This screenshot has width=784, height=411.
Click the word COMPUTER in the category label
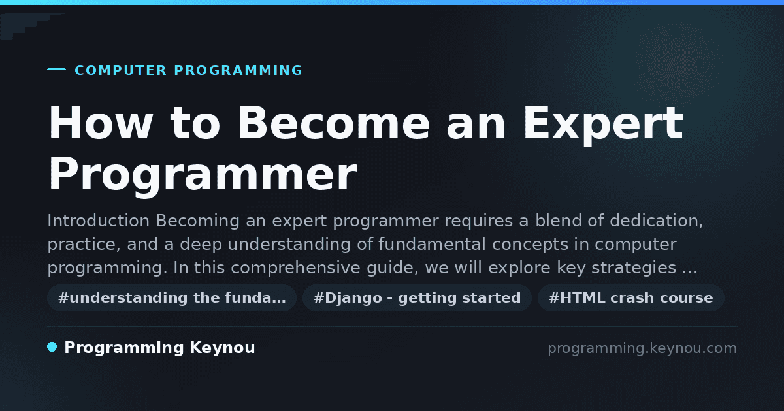coord(120,70)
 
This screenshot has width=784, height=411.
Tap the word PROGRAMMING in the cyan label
coord(238,70)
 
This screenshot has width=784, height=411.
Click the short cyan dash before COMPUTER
coord(56,69)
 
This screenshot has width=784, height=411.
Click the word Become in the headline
coord(333,123)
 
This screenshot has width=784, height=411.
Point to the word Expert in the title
coord(602,125)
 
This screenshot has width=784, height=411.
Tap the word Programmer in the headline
coord(203,175)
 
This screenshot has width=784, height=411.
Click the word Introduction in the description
coord(99,221)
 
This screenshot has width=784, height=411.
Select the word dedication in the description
coord(656,221)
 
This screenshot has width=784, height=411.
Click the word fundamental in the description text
coord(432,244)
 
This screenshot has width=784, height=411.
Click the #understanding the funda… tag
coord(172,297)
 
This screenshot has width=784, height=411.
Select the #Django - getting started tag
coord(417,297)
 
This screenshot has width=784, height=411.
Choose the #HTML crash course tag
coord(630,297)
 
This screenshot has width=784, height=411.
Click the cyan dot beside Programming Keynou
coord(52,347)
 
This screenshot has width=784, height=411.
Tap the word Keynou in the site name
coord(222,348)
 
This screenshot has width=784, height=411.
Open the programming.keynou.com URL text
coord(642,348)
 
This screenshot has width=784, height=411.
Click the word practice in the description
coord(84,245)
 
